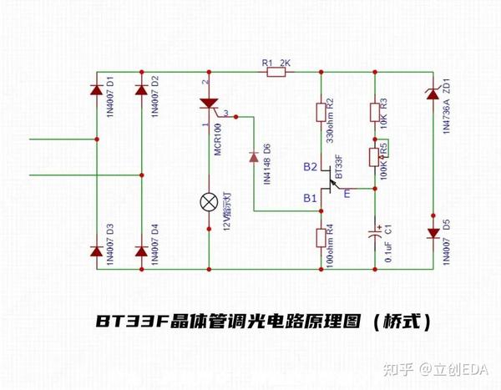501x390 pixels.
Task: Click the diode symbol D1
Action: [95, 89]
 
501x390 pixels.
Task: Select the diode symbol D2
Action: [141, 89]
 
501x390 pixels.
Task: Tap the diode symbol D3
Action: [95, 251]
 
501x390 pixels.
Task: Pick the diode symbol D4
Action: [141, 251]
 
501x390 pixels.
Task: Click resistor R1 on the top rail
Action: [276, 73]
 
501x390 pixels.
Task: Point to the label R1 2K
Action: [275, 63]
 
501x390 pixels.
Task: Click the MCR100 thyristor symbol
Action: [209, 105]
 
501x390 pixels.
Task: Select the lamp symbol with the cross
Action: [209, 201]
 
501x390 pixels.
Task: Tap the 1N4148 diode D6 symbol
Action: [253, 156]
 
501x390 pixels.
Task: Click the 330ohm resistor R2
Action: [321, 113]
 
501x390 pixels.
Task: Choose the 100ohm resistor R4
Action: [321, 239]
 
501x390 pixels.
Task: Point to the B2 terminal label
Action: [309, 167]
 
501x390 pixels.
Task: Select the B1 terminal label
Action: [309, 199]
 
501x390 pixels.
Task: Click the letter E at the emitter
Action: [347, 194]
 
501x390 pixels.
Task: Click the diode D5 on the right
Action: [433, 233]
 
